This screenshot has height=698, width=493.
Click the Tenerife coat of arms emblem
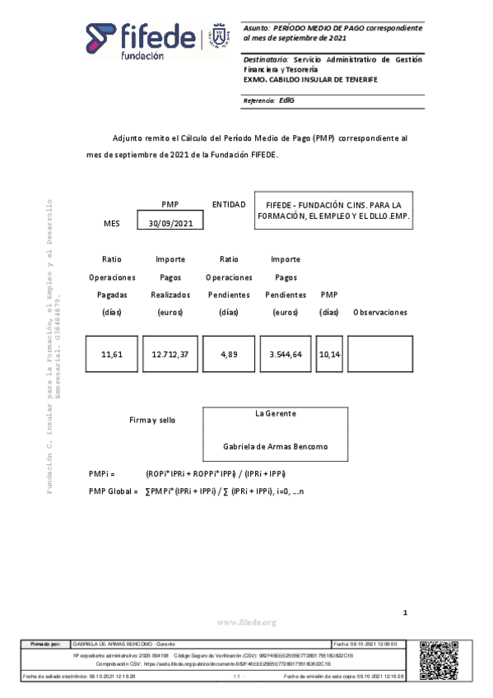pyautogui.click(x=219, y=38)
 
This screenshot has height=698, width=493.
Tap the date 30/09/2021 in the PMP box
pyautogui.click(x=170, y=223)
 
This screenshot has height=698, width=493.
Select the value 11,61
pyautogui.click(x=112, y=355)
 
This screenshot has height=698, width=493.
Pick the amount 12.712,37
pyautogui.click(x=170, y=355)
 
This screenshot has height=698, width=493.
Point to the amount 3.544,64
pyautogui.click(x=285, y=355)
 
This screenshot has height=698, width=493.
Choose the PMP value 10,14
pyautogui.click(x=329, y=355)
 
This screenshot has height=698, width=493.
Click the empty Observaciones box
pyautogui.click(x=379, y=355)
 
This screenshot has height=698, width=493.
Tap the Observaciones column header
pyautogui.click(x=379, y=313)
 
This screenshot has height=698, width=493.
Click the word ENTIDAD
pyautogui.click(x=229, y=204)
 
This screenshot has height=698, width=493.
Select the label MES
pyautogui.click(x=111, y=224)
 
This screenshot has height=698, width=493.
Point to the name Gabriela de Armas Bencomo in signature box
pyautogui.click(x=275, y=446)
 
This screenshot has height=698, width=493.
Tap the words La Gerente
pyautogui.click(x=275, y=413)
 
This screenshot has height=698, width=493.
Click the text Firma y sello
pyautogui.click(x=152, y=420)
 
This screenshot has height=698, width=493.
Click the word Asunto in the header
pyautogui.click(x=256, y=28)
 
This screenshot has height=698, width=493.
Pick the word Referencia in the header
pyautogui.click(x=258, y=101)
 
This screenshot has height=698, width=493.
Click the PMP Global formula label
pyautogui.click(x=113, y=491)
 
